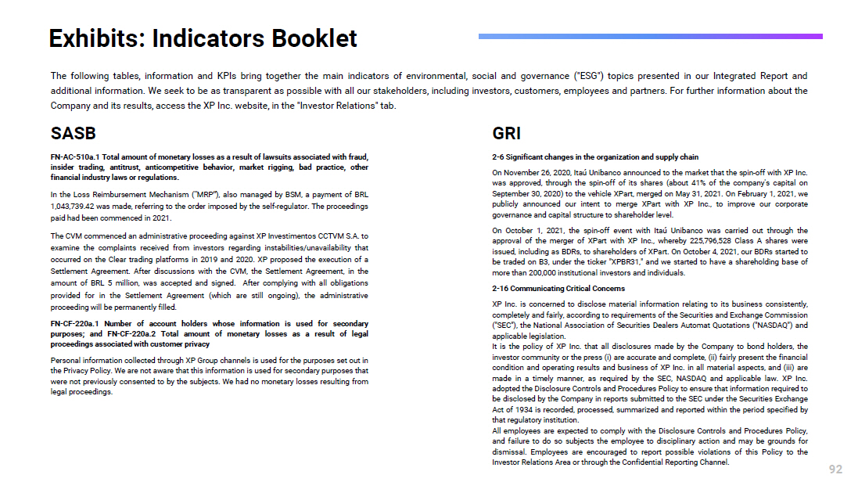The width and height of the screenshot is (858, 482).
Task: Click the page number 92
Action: click(x=835, y=469)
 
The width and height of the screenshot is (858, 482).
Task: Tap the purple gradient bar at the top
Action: click(x=650, y=36)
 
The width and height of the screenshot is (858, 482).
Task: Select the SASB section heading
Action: click(x=74, y=134)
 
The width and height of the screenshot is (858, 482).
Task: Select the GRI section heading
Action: click(x=507, y=134)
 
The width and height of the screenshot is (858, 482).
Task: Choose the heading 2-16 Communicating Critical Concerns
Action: click(x=547, y=289)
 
